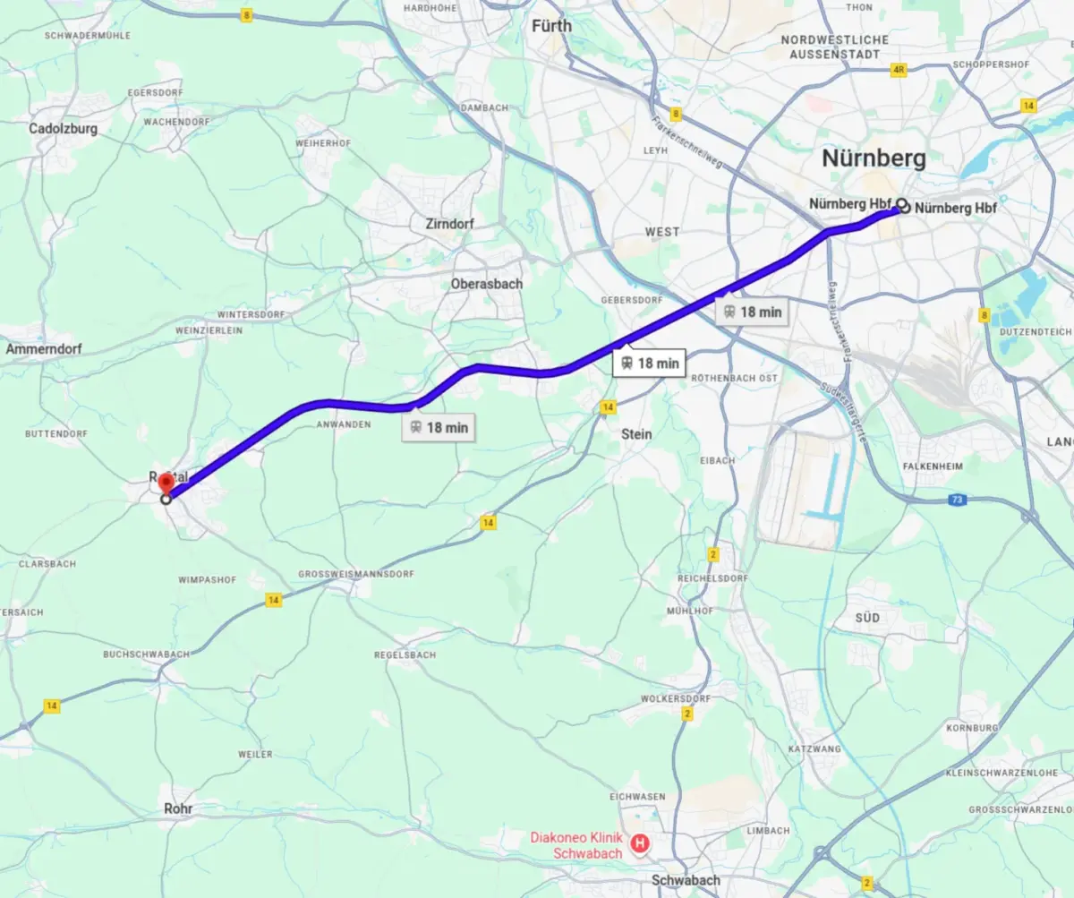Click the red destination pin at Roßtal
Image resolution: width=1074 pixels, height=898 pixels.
point(166,484)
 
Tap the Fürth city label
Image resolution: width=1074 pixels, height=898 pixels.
point(551,26)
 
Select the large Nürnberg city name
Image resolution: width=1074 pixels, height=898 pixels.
point(874,158)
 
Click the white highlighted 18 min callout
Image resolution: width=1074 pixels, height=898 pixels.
point(649,363)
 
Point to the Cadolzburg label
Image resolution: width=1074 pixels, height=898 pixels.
point(63,128)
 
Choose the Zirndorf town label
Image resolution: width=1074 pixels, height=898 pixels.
point(451,223)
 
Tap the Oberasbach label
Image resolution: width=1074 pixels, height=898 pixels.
point(487,284)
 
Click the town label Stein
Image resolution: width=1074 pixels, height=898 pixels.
point(636,434)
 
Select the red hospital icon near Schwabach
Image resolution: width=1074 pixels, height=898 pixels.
point(640,842)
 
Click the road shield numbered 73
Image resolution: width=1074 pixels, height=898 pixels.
point(958,499)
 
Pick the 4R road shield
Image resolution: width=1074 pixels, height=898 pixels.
point(899,68)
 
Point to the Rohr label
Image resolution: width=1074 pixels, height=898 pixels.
point(177,808)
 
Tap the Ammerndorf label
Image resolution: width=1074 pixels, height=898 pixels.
point(45,348)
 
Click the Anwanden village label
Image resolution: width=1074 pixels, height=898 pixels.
point(344,424)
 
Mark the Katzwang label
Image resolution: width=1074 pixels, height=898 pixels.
point(814,748)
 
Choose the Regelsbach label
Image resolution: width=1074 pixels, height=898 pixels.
point(405,655)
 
